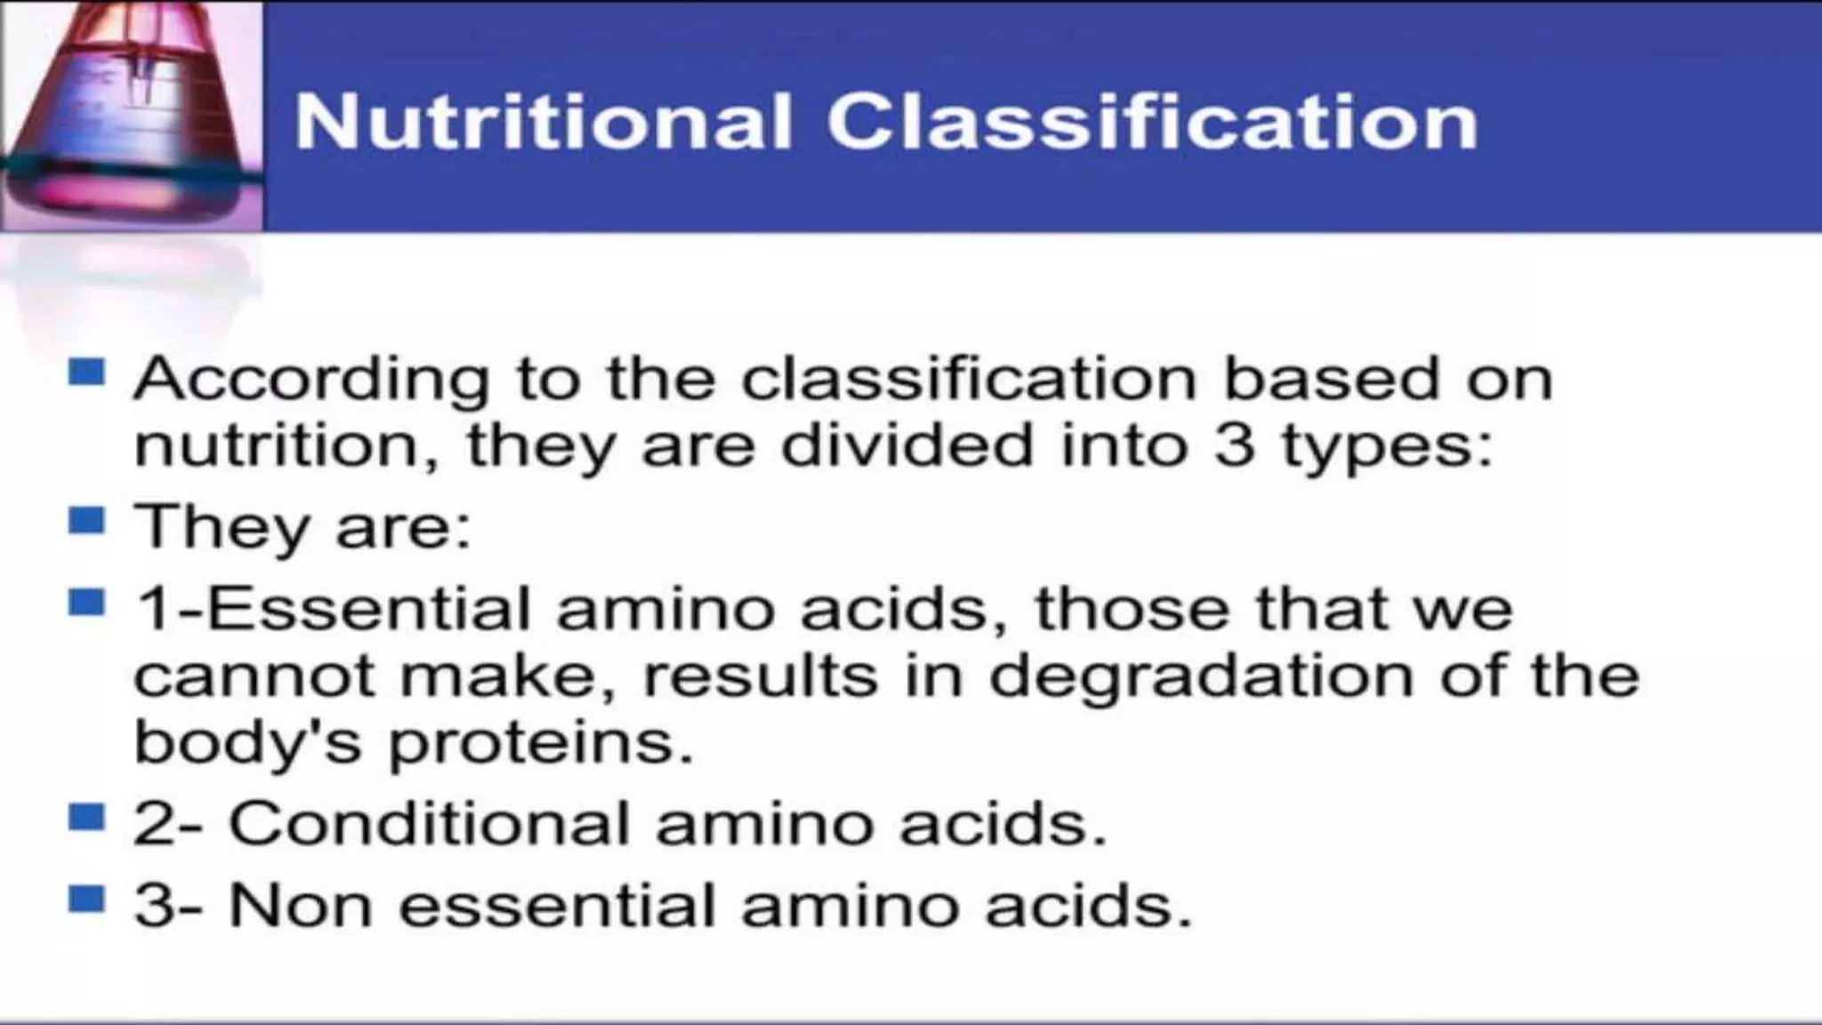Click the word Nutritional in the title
pos(542,122)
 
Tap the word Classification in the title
pos(1152,122)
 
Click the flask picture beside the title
pos(131,116)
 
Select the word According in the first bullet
pos(311,379)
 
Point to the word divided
pos(907,445)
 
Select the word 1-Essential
pos(333,609)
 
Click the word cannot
pos(254,676)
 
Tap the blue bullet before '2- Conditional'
pos(86,816)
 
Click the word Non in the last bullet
pos(300,906)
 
